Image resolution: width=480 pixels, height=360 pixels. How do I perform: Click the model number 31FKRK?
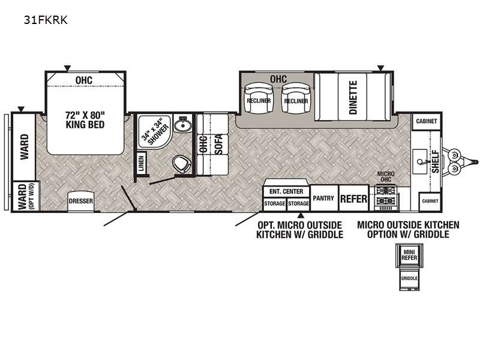pos(46,20)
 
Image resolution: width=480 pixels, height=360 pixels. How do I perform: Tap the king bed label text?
pos(85,119)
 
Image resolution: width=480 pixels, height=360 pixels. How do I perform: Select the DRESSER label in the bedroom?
pos(81,201)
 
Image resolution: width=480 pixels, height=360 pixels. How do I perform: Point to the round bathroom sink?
pos(183,125)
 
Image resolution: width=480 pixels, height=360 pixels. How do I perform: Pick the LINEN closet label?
pos(141,163)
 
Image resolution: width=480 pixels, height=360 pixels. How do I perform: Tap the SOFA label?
pos(219,145)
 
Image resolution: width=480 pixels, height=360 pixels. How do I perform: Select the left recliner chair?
pos(259,98)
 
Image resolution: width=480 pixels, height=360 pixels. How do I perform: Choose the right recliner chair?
pos(296,98)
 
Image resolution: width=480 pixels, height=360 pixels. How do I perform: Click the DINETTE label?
pos(353,97)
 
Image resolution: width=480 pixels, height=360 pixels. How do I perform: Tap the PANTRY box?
pos(324,198)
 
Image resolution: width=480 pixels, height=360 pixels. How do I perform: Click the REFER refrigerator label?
pos(353,199)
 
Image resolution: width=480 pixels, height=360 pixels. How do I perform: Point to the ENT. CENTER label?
pos(286,191)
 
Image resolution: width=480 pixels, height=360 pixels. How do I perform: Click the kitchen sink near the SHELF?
pos(419,158)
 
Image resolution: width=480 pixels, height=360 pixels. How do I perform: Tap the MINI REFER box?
pos(409,254)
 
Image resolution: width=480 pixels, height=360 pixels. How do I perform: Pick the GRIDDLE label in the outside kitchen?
pos(409,278)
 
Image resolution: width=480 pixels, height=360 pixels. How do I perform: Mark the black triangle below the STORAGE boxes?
pos(301,215)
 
